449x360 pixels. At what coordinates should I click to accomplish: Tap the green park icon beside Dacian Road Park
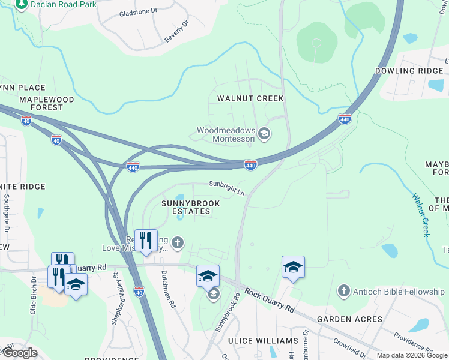click(22, 5)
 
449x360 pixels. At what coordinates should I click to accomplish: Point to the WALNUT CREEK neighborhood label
click(250, 98)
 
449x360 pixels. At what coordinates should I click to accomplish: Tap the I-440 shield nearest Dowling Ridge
click(344, 119)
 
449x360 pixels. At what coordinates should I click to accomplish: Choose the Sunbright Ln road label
click(227, 187)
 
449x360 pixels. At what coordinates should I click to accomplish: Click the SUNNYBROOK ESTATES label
click(190, 208)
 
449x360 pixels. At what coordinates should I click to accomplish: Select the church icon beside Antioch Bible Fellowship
click(343, 292)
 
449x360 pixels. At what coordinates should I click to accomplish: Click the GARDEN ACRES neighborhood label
click(349, 319)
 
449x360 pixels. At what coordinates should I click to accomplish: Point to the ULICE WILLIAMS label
click(263, 341)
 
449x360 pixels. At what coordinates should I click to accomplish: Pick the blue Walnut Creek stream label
click(421, 214)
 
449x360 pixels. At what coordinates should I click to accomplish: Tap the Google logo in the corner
click(19, 353)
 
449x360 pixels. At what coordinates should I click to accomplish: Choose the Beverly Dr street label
click(176, 32)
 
